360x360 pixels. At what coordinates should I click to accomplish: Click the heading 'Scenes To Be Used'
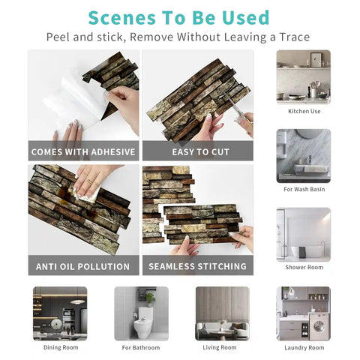pyautogui.click(x=178, y=17)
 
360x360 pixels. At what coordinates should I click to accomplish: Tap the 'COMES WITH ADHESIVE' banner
pyautogui.click(x=83, y=151)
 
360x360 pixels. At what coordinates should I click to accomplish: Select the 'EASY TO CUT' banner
pyautogui.click(x=197, y=151)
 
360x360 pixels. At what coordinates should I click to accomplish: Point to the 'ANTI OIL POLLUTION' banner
pyautogui.click(x=83, y=266)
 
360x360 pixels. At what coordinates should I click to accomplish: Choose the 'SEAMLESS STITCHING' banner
pyautogui.click(x=197, y=266)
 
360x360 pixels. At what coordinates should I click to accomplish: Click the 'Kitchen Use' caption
pyautogui.click(x=304, y=111)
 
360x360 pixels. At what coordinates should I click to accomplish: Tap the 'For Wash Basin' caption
pyautogui.click(x=304, y=189)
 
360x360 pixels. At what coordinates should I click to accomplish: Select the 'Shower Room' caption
pyautogui.click(x=304, y=267)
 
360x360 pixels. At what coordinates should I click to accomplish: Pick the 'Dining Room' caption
pyautogui.click(x=60, y=347)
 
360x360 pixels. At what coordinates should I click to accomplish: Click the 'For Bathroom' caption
pyautogui.click(x=141, y=347)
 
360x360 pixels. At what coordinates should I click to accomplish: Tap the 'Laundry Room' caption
pyautogui.click(x=304, y=347)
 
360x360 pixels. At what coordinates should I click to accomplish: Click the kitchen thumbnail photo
pyautogui.click(x=304, y=76)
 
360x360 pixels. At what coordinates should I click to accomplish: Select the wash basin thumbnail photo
pyautogui.click(x=304, y=155)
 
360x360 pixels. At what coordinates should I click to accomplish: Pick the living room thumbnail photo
pyautogui.click(x=222, y=313)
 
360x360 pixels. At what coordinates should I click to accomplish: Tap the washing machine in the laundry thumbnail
pyautogui.click(x=318, y=328)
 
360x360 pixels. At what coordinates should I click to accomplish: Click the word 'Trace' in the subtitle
pyautogui.click(x=292, y=37)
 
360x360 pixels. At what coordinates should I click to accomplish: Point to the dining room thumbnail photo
pyautogui.click(x=60, y=313)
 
